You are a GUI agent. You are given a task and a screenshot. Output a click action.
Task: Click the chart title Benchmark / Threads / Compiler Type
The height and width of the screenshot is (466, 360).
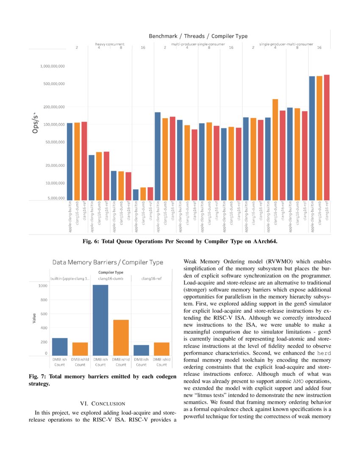point(198,36)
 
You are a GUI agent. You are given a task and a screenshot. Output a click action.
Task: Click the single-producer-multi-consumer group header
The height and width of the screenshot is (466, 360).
point(286,44)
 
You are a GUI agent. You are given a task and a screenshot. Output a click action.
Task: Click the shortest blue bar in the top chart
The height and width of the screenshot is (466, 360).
point(136,194)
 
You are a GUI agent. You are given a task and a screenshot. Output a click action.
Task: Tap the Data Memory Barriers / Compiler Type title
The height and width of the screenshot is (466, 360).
point(108,263)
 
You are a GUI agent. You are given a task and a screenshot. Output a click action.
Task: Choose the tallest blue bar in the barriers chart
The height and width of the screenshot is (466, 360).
point(100,320)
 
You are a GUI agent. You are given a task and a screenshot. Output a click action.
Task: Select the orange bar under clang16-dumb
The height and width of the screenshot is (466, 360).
point(121,337)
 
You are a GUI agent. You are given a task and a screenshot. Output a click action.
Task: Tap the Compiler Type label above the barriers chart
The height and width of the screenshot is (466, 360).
point(111,272)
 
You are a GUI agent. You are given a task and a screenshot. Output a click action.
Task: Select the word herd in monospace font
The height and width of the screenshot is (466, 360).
point(325,353)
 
